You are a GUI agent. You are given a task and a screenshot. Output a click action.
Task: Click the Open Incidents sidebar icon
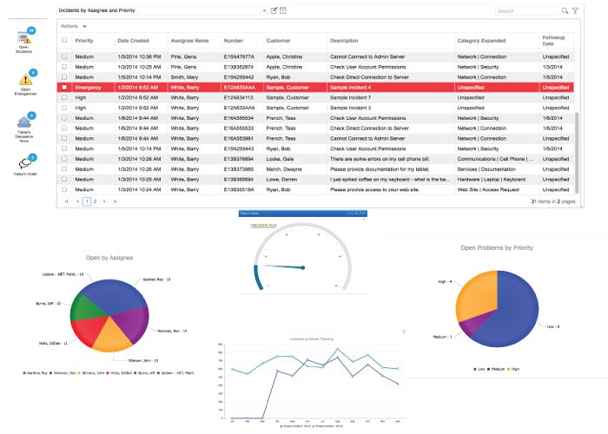tap(24, 38)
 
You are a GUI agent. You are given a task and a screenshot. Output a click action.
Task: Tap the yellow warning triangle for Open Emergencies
tap(25, 81)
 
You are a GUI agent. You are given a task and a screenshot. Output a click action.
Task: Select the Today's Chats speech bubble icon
tap(25, 162)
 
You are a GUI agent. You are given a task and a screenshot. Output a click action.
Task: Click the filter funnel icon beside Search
tap(575, 10)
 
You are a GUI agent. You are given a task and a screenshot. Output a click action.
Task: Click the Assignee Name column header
tap(190, 41)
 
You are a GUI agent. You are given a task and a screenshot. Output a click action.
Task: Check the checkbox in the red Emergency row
tap(63, 88)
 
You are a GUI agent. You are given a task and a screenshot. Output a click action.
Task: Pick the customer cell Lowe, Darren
tap(283, 179)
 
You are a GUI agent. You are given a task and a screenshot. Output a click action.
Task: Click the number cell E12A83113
tap(239, 98)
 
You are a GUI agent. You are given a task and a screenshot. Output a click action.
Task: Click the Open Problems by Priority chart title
tap(497, 247)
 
